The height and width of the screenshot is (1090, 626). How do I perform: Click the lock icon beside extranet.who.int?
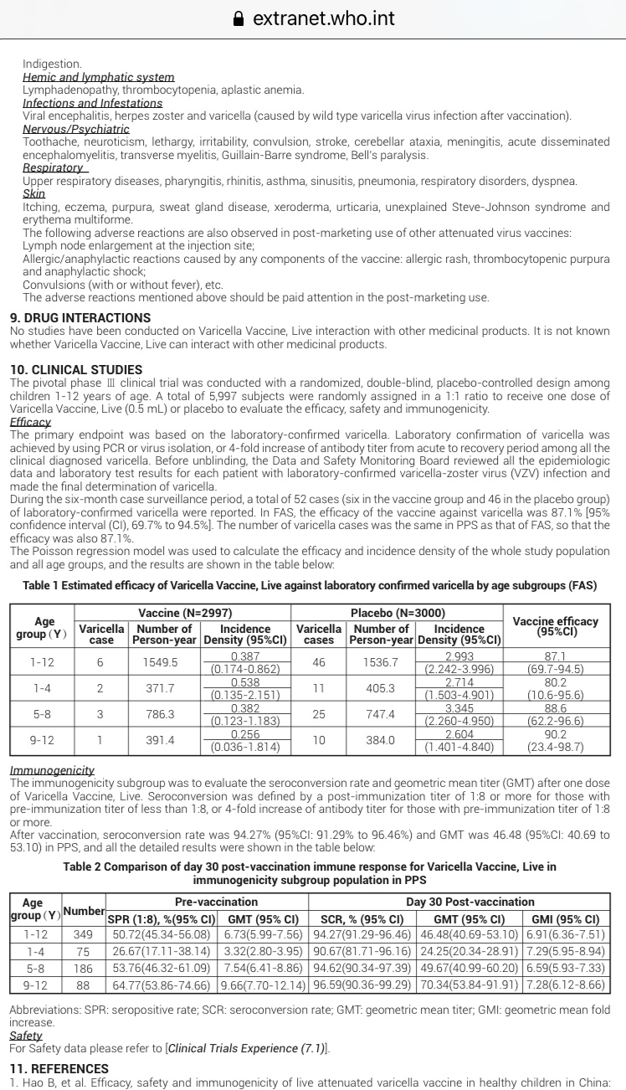pyautogui.click(x=240, y=18)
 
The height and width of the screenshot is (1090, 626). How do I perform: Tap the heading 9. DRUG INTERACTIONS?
pyautogui.click(x=80, y=318)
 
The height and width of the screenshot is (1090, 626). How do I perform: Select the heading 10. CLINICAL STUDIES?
pyautogui.click(x=76, y=369)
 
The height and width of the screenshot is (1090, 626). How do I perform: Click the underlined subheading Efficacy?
pyautogui.click(x=30, y=423)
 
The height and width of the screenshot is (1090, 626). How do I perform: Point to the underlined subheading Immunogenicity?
pyautogui.click(x=52, y=769)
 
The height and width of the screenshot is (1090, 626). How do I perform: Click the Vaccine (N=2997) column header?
pyautogui.click(x=184, y=613)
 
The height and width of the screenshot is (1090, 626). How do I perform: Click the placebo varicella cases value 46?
pyautogui.click(x=318, y=661)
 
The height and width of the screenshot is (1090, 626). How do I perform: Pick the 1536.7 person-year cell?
pyautogui.click(x=381, y=661)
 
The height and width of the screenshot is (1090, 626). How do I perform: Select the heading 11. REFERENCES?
pyautogui.click(x=59, y=1068)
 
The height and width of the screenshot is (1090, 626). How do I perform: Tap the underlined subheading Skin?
pyautogui.click(x=33, y=193)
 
